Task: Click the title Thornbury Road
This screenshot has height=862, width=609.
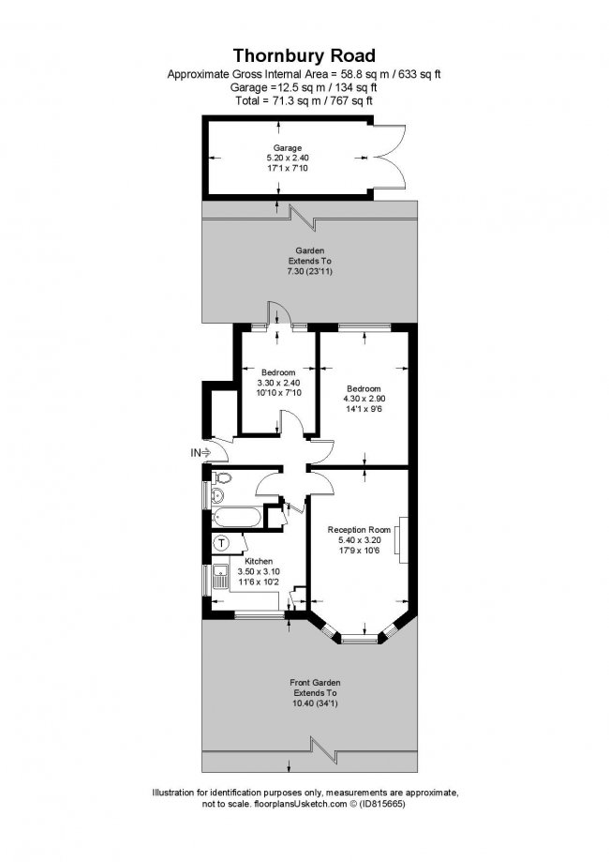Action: pyautogui.click(x=304, y=55)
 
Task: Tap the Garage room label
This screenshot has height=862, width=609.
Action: pyautogui.click(x=287, y=148)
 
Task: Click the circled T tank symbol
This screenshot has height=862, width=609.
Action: pyautogui.click(x=222, y=543)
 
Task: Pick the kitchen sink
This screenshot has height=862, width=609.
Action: pyautogui.click(x=220, y=578)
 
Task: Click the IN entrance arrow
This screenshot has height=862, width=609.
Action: pyautogui.click(x=201, y=453)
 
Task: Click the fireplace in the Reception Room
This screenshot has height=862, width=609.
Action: pyautogui.click(x=400, y=538)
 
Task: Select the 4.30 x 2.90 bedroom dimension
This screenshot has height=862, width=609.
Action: pyautogui.click(x=363, y=400)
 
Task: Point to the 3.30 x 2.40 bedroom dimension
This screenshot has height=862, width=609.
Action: pyautogui.click(x=278, y=383)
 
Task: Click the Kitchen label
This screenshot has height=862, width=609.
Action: pyautogui.click(x=258, y=561)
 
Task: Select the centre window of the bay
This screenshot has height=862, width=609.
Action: pyautogui.click(x=357, y=639)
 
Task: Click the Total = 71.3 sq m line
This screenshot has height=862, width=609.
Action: pyautogui.click(x=304, y=99)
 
